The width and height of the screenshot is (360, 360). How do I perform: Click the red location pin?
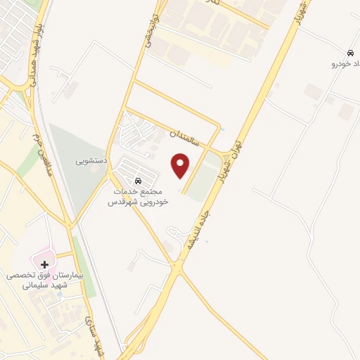(x=181, y=165)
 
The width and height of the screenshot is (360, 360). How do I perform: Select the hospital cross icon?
(x=45, y=265)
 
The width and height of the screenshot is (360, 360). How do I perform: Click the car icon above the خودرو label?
(x=350, y=53)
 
